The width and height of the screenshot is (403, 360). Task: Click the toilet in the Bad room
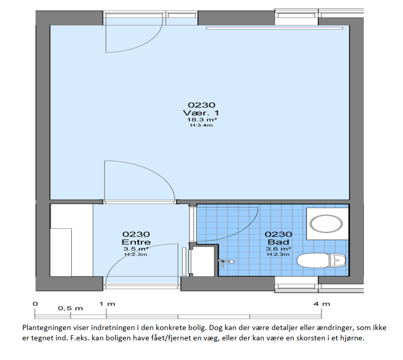point(321,260)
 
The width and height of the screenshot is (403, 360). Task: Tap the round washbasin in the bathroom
point(327,224)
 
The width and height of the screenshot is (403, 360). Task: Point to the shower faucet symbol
point(226,262)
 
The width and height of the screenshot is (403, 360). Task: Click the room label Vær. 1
point(201,113)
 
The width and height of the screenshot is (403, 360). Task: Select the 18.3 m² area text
point(202,120)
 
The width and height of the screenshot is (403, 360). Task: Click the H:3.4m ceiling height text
point(201,126)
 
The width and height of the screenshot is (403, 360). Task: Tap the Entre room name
point(136,242)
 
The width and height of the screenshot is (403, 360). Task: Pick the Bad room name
point(278,242)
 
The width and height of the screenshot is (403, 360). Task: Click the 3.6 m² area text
point(278,249)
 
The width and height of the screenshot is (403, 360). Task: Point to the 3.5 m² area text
point(136,249)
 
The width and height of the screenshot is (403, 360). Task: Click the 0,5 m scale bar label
point(70,308)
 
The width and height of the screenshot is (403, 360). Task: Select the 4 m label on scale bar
point(322,304)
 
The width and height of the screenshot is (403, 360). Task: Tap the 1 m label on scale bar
point(107,304)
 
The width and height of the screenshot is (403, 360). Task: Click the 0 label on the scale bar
point(35,304)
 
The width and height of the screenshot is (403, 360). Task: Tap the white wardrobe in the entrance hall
point(71,240)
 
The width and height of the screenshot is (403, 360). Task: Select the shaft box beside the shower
point(203,261)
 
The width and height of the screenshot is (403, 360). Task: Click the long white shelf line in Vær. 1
point(275,28)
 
